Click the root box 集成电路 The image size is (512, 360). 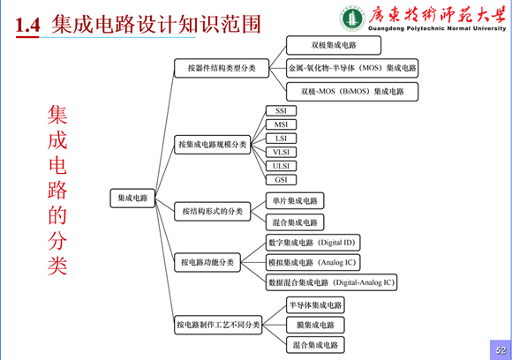tap(132, 198)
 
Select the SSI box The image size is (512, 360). tap(281, 110)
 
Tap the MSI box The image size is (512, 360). tap(281, 124)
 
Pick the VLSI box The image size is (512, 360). tap(281, 152)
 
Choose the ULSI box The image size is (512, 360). tap(281, 166)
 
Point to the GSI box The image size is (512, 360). tap(281, 179)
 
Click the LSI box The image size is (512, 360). tap(281, 139)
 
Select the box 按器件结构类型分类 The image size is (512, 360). tap(222, 68)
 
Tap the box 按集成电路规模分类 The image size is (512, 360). tap(213, 145)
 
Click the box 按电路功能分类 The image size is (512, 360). tap(207, 262)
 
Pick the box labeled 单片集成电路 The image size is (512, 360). tap(295, 200)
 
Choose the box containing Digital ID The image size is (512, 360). tap(313, 243)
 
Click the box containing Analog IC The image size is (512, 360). tap(313, 262)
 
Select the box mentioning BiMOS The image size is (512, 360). tap(352, 92)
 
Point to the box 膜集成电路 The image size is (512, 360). tap(315, 325)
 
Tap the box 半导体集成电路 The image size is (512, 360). tap(315, 305)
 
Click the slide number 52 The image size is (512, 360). tap(501, 350)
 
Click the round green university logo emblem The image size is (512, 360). tap(352, 19)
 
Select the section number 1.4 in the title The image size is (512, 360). tap(27, 25)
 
